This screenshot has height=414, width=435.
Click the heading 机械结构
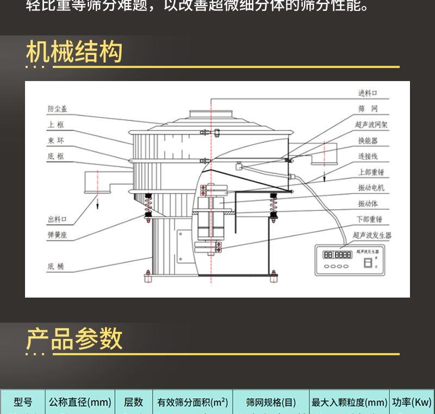[74, 53]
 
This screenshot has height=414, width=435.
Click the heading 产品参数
[74, 339]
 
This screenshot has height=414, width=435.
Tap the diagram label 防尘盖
[58, 109]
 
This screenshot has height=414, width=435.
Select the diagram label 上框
[55, 125]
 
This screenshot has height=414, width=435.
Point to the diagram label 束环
[55, 141]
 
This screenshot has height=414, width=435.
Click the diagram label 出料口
[58, 220]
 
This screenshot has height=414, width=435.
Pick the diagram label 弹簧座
[58, 236]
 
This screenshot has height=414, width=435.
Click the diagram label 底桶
[55, 267]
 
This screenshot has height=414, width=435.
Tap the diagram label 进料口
[368, 94]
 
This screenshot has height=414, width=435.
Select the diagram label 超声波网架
[371, 125]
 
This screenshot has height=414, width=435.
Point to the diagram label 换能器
[368, 140]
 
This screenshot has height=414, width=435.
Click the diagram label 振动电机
[371, 188]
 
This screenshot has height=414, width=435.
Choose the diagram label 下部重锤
[370, 219]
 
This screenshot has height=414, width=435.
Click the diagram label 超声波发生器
[372, 236]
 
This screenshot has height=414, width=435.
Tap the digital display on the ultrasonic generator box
[337, 255]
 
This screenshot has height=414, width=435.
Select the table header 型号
[23, 403]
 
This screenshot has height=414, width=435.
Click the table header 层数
[133, 403]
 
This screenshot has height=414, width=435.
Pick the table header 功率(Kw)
[412, 403]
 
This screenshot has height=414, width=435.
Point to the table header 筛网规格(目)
[271, 403]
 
